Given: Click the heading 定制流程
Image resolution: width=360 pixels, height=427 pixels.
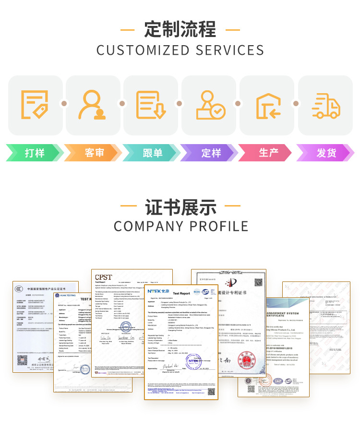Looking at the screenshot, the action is coord(180,29).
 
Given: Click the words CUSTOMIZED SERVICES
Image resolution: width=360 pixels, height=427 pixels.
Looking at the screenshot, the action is coord(180,50).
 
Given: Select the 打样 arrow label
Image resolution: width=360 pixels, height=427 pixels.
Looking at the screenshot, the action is coord(35,153).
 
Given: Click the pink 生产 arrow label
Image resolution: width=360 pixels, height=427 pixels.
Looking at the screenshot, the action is coord(268,153).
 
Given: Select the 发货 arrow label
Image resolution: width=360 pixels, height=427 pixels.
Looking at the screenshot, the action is coord(326,153).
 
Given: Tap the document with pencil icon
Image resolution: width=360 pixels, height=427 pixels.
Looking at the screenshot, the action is coord(35,105).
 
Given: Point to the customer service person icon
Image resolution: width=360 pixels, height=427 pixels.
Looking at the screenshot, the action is coord(93,105).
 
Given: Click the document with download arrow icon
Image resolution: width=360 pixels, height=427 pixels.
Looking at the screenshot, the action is coord(151,105).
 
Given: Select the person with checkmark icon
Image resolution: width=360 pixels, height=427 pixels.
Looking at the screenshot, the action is coord(210,105).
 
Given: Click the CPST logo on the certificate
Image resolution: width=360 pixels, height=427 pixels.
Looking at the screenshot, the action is coord(103,277).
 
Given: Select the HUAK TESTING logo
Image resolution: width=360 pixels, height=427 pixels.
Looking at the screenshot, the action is coord(66,295).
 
